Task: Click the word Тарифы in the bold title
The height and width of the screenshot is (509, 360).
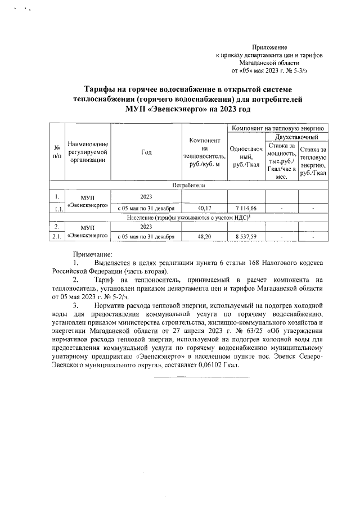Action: coord(102,89)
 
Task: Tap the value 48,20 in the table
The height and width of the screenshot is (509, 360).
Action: coord(204,237)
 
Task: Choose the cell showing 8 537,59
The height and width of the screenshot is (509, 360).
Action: coord(245,237)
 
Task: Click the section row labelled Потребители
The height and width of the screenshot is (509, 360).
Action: coord(188,185)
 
